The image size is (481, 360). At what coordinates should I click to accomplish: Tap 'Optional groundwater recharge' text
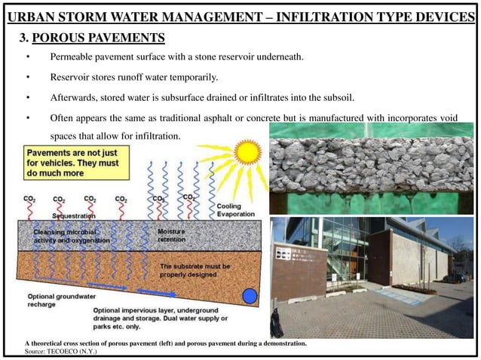coord(53,300)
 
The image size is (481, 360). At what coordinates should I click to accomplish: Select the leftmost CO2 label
coord(29,200)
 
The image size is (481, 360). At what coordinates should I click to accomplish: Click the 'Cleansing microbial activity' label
coord(72,236)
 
